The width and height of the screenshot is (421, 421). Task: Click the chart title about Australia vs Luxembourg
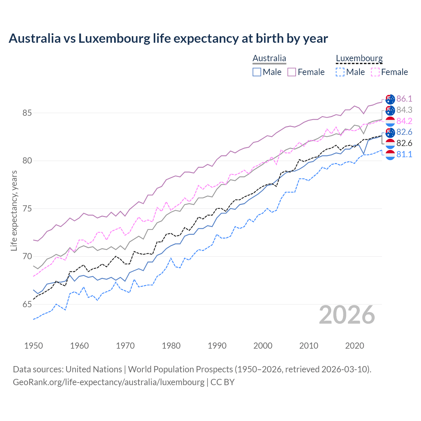(168, 38)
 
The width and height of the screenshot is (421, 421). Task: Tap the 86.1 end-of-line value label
(404, 99)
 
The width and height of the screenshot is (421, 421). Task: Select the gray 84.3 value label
(404, 110)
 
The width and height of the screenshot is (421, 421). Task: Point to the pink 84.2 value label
(404, 121)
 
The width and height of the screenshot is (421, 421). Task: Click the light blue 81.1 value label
(404, 154)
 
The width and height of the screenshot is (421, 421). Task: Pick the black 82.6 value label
(404, 143)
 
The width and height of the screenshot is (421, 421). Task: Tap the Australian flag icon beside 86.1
(390, 99)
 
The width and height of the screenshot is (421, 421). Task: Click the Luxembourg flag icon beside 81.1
(390, 155)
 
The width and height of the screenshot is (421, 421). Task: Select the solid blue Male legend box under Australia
(257, 72)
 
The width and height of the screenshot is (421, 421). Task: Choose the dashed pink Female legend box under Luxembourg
(375, 72)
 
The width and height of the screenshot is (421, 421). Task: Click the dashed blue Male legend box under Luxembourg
(340, 72)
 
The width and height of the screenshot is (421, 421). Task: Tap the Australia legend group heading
(269, 58)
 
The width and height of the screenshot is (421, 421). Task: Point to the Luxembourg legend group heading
(359, 58)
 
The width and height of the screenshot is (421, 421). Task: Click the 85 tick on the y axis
(27, 113)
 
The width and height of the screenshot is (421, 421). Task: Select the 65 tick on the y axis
(27, 304)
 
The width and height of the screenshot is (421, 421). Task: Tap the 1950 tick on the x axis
(34, 346)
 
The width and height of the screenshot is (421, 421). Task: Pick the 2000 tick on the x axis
(263, 346)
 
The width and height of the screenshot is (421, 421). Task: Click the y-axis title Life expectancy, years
(14, 210)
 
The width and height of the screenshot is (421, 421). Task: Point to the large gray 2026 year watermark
(347, 315)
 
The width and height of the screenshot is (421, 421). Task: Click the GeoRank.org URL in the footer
(109, 382)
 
